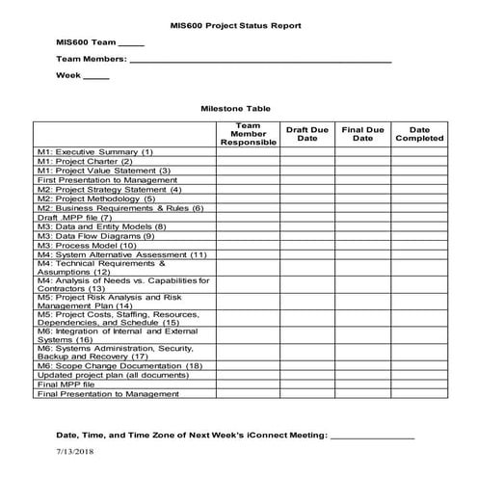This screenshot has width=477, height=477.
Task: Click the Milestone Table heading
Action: (234, 110)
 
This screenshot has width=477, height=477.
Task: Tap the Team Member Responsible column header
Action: (248, 134)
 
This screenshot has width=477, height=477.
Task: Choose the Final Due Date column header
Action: (362, 134)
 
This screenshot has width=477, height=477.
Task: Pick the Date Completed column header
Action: (419, 134)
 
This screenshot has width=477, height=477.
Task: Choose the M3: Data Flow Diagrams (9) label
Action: (95, 235)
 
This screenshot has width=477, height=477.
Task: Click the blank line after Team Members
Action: (260, 60)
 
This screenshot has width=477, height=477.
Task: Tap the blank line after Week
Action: (96, 76)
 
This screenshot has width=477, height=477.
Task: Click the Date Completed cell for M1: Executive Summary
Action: (419, 152)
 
